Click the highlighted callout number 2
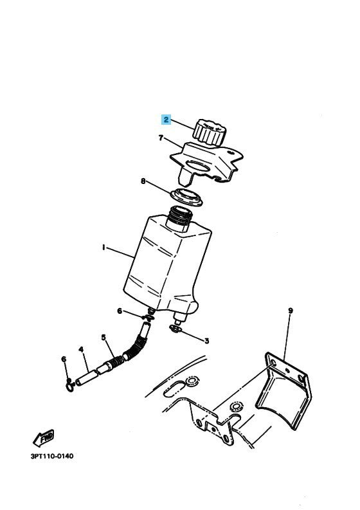tap(166, 120)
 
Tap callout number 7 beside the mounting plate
tap(161, 137)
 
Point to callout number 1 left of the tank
tap(104, 246)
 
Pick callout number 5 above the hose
tap(104, 337)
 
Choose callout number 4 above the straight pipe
tap(82, 350)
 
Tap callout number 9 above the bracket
tap(290, 311)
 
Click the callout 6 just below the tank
tap(119, 311)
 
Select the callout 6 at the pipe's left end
tap(63, 359)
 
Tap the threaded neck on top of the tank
tap(179, 221)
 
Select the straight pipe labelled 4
tap(89, 376)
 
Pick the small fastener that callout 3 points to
tap(175, 330)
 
